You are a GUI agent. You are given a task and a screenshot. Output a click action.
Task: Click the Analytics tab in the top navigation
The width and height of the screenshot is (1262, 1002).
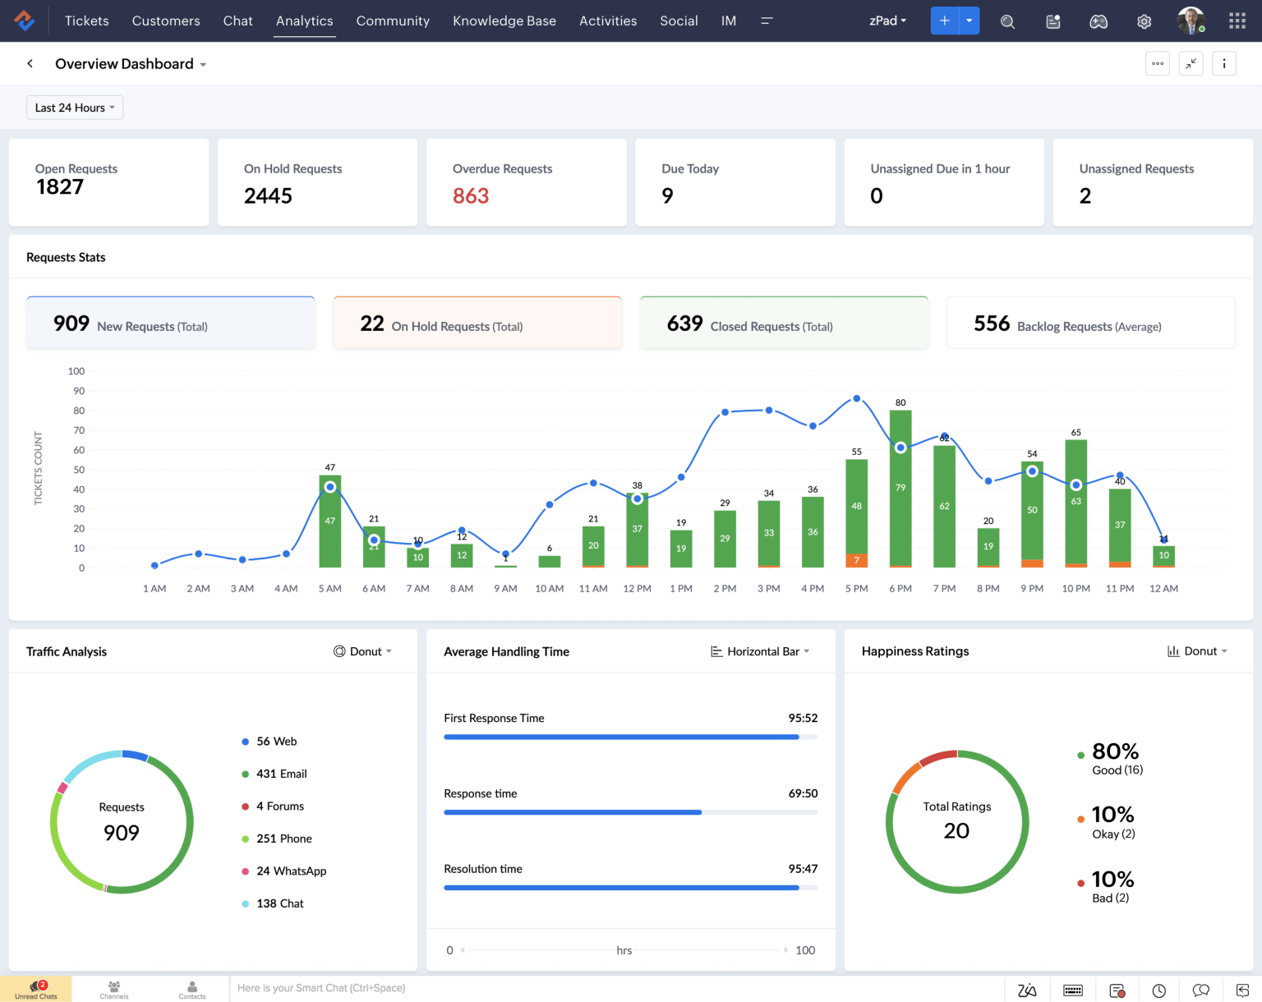304,21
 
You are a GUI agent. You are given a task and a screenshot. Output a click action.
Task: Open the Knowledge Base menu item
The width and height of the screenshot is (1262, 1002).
504,21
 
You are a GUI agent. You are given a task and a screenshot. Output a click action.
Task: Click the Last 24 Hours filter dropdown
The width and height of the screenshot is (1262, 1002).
74,108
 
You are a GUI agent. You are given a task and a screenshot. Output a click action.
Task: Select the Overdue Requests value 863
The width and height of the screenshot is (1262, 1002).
471,195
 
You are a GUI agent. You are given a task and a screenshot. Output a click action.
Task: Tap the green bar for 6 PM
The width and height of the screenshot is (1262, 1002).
900,493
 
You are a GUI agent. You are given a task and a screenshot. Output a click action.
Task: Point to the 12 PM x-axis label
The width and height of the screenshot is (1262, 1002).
637,589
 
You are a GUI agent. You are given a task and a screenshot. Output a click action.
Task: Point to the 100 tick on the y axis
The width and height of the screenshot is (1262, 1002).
76,371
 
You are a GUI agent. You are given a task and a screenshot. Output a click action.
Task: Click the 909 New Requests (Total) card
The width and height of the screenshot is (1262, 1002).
171,323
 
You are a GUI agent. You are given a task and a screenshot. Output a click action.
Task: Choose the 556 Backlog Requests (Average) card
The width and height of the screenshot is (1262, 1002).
1090,323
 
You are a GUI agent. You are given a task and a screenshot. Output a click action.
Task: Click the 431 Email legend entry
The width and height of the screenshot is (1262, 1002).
281,774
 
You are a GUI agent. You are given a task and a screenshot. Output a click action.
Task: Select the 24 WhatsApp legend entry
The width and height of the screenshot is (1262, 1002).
291,871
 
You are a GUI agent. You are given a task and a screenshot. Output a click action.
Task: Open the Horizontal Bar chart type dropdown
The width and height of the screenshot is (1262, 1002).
761,651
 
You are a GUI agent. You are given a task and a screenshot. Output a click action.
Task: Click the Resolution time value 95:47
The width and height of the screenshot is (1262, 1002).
803,869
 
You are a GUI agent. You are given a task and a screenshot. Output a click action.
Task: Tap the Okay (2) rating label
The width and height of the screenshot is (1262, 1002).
1113,834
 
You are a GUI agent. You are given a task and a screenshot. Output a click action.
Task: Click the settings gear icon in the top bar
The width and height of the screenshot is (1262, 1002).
1144,21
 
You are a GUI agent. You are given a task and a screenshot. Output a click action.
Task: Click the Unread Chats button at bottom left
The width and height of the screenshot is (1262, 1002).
36,989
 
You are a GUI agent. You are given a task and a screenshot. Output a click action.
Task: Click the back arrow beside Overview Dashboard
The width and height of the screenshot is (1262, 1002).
30,63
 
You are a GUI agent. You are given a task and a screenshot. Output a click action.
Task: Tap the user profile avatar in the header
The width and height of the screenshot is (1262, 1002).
1190,21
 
